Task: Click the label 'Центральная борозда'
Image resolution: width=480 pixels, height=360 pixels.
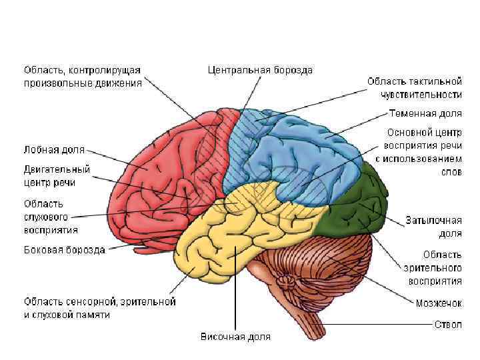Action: (260, 69)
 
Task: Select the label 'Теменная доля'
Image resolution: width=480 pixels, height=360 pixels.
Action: (425, 113)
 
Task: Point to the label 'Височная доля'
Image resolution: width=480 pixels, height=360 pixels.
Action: (235, 337)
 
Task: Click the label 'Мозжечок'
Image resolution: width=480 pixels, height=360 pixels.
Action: (438, 303)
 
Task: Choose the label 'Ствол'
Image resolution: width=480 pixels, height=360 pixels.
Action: (449, 325)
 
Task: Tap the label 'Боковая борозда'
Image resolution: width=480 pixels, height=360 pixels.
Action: (64, 250)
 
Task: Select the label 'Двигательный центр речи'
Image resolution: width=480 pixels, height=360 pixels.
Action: (57, 176)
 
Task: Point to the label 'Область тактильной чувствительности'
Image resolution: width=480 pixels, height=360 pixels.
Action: (414, 87)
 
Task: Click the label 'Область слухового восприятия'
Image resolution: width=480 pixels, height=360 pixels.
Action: (51, 216)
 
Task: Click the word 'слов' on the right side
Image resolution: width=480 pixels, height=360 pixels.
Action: (451, 171)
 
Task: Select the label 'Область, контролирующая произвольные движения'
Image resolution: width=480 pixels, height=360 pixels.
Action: (83, 77)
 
